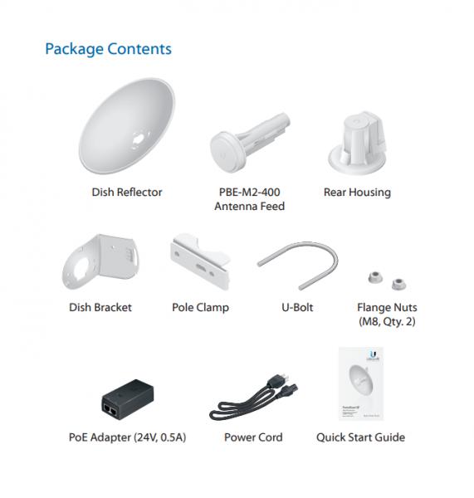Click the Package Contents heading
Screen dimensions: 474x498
109,49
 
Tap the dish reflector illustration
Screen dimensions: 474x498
126,126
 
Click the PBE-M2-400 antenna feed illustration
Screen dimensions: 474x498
250,143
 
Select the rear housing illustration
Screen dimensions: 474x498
358,142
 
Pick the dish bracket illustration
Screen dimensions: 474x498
100,262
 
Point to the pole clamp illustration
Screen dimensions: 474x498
200,261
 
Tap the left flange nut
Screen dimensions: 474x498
375,277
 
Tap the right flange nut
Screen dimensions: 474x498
398,284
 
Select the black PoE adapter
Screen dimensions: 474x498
128,399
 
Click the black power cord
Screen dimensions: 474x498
253,398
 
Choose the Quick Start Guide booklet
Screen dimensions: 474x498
361,383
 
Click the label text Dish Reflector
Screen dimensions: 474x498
127,193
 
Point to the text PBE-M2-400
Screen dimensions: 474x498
249,192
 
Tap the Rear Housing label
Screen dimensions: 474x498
357,193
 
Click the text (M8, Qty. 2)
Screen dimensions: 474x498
387,321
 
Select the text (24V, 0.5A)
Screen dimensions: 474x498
160,437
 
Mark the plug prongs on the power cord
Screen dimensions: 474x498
285,378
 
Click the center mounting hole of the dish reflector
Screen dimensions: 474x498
139,139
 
